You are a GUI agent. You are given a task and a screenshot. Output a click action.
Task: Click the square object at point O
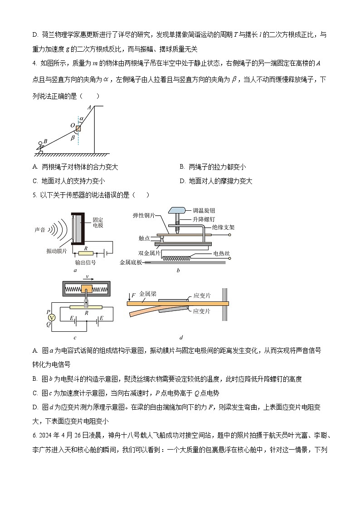[x=78, y=129]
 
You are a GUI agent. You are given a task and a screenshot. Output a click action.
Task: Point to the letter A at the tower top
[x=90, y=107]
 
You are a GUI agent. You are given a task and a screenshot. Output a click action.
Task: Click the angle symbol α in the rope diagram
[x=82, y=119]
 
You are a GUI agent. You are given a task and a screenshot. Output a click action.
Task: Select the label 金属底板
[x=131, y=262]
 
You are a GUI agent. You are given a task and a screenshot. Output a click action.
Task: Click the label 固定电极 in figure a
[x=97, y=222]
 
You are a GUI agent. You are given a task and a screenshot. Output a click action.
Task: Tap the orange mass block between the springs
[x=86, y=289]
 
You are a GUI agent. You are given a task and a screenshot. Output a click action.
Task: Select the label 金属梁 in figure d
[x=148, y=294]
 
